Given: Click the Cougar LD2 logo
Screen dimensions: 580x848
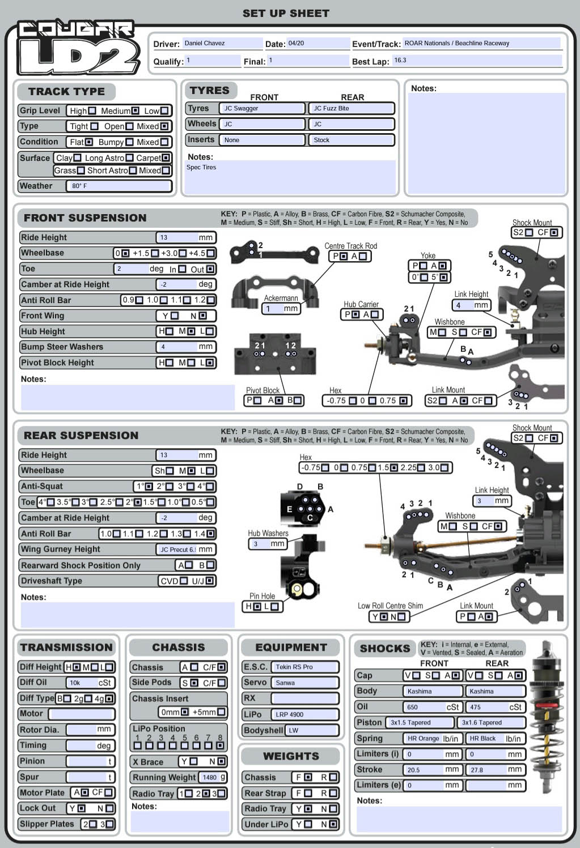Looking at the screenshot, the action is (78, 48).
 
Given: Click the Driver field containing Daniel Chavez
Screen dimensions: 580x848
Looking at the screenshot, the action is (222, 43).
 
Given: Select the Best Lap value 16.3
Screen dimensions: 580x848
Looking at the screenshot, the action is (477, 61).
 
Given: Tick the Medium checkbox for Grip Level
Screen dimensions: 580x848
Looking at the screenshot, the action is (136, 111).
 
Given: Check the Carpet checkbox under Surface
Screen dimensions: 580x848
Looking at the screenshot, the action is (166, 158).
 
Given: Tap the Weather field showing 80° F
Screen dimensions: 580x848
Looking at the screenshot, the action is (118, 186).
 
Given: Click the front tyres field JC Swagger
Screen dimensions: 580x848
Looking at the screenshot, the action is (262, 108).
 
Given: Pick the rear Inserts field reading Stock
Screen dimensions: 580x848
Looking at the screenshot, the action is (351, 140).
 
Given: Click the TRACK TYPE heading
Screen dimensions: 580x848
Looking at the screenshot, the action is (66, 92).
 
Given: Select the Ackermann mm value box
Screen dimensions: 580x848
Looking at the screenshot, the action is (281, 309).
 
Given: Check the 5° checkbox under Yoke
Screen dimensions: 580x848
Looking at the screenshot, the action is (443, 277).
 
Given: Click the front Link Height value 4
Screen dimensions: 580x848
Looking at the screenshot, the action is (471, 305).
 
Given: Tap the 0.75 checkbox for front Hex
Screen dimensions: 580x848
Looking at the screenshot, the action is (404, 400).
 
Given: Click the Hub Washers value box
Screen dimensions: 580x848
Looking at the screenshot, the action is (268, 544).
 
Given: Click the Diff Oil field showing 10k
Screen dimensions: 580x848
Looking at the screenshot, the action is (91, 683).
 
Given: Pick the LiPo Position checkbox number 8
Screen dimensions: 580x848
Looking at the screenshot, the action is (220, 745).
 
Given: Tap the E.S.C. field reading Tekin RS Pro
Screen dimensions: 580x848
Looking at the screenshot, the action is (305, 667).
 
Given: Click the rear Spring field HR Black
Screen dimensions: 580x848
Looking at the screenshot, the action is (496, 738).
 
